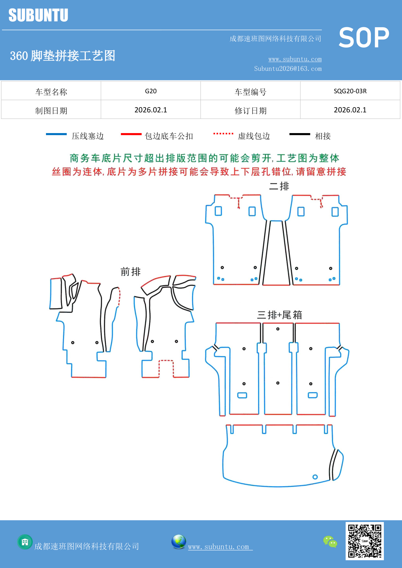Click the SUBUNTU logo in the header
pos(38,15)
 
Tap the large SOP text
pos(363,38)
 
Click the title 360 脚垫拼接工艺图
pos(63,56)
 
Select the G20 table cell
pos(151,91)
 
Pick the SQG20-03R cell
pos(350,91)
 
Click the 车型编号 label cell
pos(250,92)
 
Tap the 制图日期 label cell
pos(51,111)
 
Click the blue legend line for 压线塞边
pos(56,134)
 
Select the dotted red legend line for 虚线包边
pos(223,133)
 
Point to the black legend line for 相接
pos(300,134)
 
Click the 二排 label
pos(279,186)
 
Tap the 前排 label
pos(131,272)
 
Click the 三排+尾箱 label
pos(279,315)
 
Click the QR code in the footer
pos(364,541)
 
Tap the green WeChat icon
pos(330,542)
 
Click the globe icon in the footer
pos(178,542)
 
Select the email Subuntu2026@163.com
pos(288,69)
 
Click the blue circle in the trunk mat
pos(315,477)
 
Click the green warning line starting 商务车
pos(204,158)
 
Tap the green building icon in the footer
pos(25,542)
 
